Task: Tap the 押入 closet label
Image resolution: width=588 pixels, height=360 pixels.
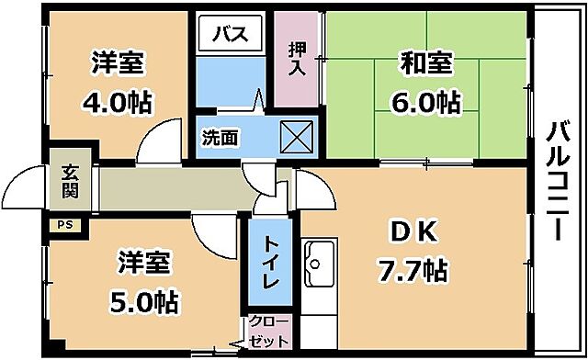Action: (x=297, y=60)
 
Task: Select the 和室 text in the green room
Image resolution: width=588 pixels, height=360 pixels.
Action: (x=425, y=64)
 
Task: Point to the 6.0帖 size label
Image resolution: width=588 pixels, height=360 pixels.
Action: (x=425, y=103)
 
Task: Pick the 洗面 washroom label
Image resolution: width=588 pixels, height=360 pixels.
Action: (x=220, y=138)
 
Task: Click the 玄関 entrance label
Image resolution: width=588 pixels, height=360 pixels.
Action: (x=70, y=182)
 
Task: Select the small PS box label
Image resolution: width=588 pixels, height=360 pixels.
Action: (x=64, y=223)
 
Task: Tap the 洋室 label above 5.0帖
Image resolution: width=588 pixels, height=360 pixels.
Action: (x=145, y=262)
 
